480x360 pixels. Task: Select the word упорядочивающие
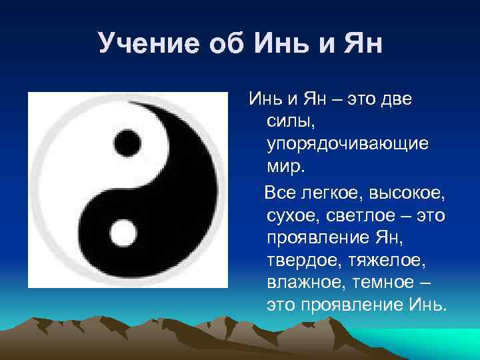(338, 145)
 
